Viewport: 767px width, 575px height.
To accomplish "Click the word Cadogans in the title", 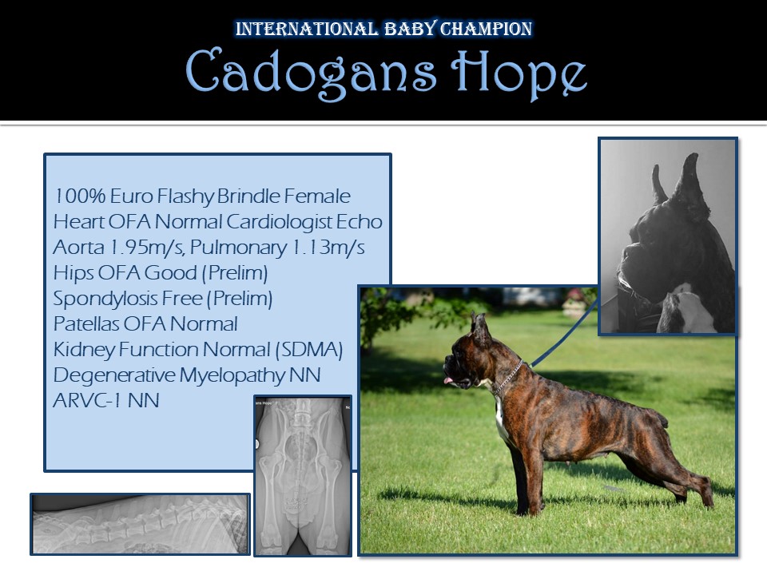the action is [311, 72].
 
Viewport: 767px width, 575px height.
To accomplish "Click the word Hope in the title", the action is [519, 74].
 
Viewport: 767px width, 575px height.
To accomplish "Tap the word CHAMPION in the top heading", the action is [486, 29].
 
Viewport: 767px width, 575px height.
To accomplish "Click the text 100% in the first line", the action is [79, 196].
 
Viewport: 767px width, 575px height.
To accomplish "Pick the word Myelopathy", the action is [232, 375].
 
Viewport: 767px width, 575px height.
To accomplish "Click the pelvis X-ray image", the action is [303, 476].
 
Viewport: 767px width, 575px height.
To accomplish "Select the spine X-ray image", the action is [141, 524].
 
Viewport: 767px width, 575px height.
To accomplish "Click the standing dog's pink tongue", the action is [448, 380].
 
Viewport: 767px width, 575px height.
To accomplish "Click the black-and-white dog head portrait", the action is [668, 236].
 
